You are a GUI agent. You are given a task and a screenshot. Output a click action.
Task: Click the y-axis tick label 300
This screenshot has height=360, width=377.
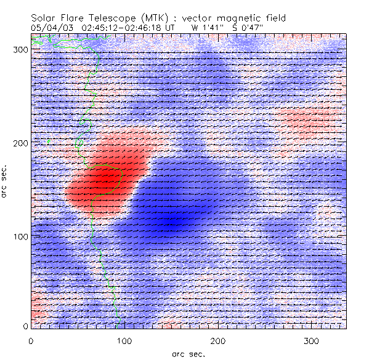click(x=20, y=50)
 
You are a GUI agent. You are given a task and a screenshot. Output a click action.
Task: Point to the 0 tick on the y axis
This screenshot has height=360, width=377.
click(x=25, y=326)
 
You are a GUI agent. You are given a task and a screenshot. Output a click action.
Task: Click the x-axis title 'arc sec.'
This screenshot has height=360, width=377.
click(x=188, y=353)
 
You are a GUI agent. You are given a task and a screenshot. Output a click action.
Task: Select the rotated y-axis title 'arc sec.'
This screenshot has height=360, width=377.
click(x=5, y=181)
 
